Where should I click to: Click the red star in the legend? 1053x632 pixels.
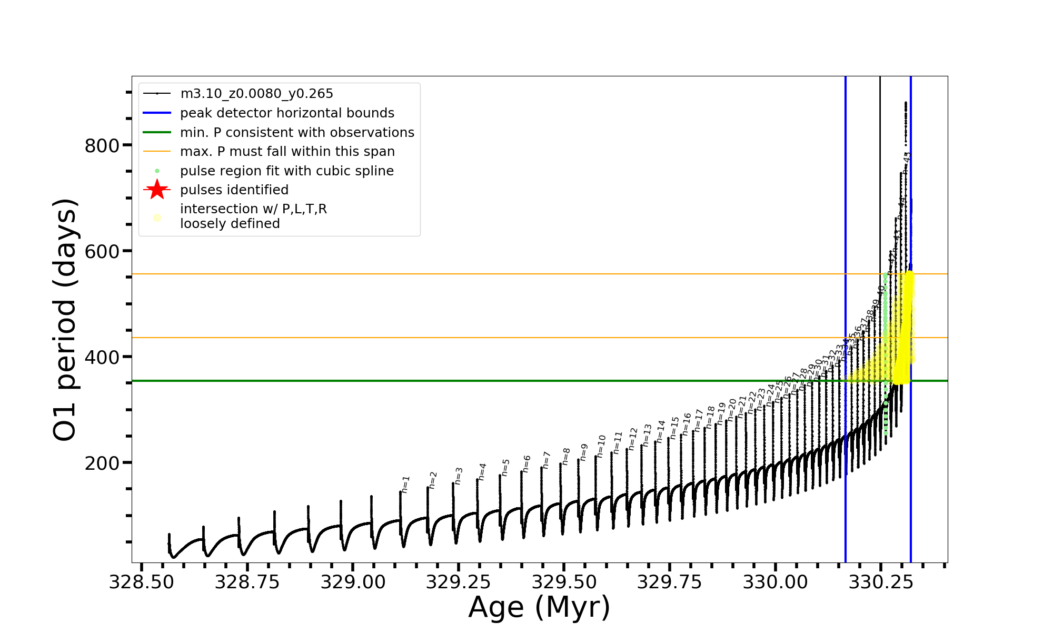pyautogui.click(x=157, y=190)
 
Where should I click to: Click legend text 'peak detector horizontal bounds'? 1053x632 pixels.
pyautogui.click(x=287, y=113)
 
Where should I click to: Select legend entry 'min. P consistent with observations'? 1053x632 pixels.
pyautogui.click(x=297, y=133)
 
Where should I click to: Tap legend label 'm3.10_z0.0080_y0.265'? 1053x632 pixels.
pyautogui.click(x=256, y=94)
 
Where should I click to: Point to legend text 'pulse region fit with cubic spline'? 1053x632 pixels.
pyautogui.click(x=286, y=171)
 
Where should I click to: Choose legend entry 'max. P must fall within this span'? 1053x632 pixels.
pyautogui.click(x=287, y=152)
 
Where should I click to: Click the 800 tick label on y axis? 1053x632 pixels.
pyautogui.click(x=102, y=146)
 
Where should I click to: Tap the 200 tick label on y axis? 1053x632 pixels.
pyautogui.click(x=102, y=463)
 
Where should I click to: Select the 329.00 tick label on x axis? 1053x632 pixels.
pyautogui.click(x=353, y=582)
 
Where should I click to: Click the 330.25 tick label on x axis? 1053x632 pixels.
pyautogui.click(x=880, y=582)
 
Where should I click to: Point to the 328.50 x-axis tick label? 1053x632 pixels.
pyautogui.click(x=141, y=582)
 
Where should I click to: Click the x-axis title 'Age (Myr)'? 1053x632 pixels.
pyautogui.click(x=539, y=607)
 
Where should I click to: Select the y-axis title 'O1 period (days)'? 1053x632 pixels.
pyautogui.click(x=65, y=319)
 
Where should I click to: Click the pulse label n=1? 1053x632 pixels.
pyautogui.click(x=405, y=485)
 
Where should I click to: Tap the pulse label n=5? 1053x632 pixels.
pyautogui.click(x=505, y=468)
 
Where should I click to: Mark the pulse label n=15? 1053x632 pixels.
pyautogui.click(x=674, y=428)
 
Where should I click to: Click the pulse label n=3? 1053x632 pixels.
pyautogui.click(x=459, y=476)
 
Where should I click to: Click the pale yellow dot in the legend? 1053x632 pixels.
pyautogui.click(x=157, y=218)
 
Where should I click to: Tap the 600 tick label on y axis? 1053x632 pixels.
pyautogui.click(x=102, y=252)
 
